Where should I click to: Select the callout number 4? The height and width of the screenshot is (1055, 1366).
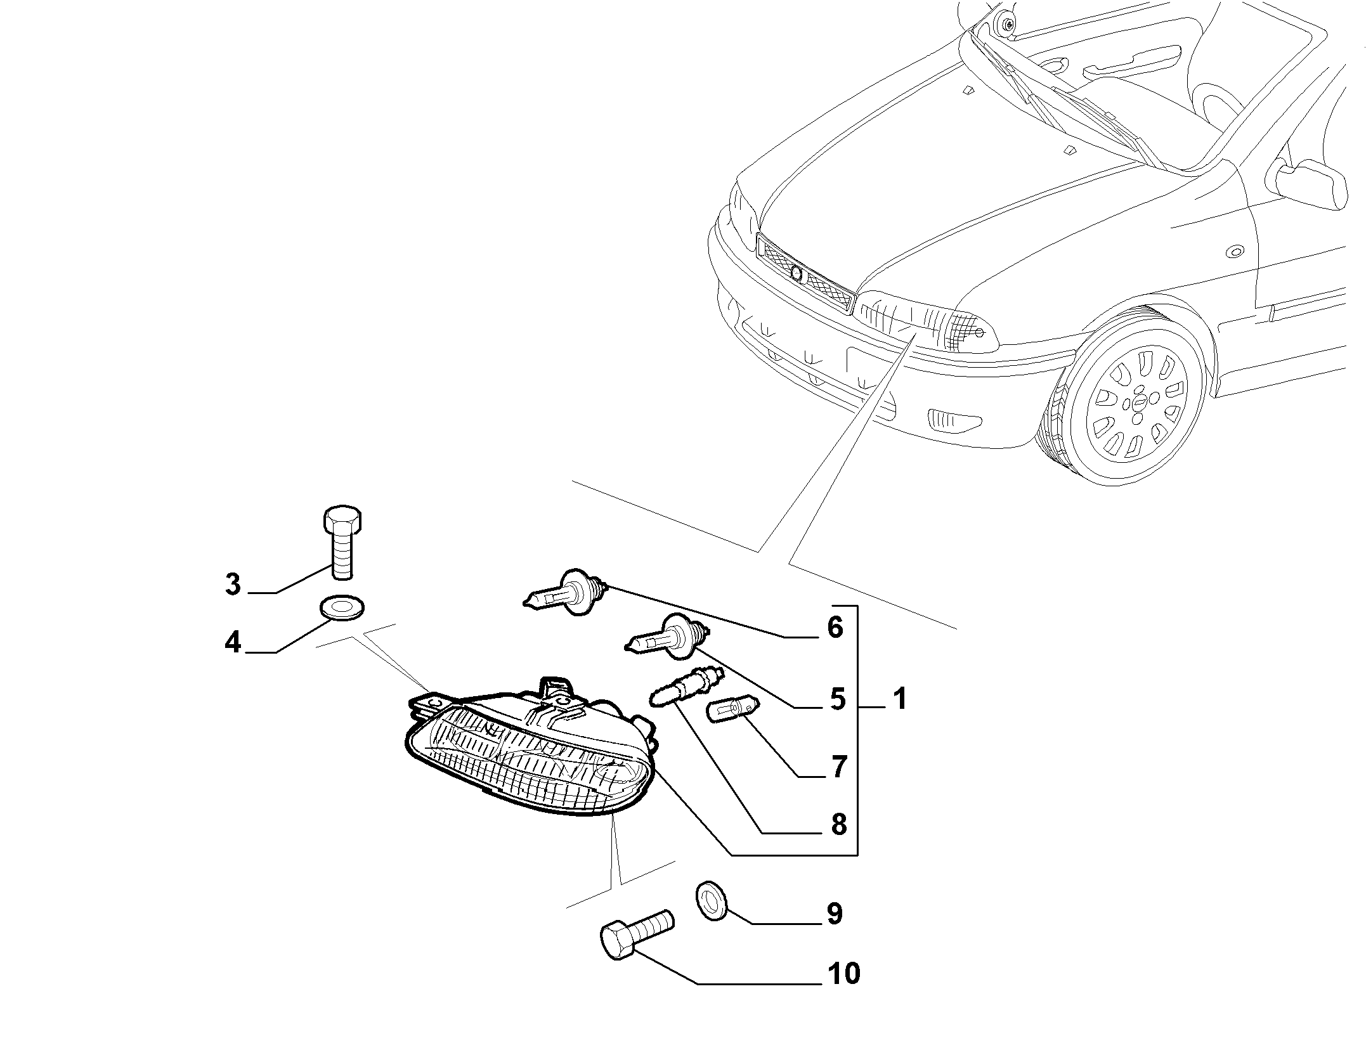point(233,643)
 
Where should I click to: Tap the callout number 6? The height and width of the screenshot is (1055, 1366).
point(835,627)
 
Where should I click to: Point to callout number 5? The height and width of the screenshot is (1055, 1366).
point(838,699)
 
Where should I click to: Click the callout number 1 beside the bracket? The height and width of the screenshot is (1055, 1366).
point(899,698)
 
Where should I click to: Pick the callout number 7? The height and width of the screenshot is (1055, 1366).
point(838,767)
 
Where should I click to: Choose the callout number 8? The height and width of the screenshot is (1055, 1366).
point(838,825)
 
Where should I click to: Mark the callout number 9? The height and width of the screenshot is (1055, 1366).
point(835,914)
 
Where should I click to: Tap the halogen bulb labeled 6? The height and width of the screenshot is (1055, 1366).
point(566,592)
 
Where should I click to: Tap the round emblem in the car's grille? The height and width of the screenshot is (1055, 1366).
point(797,274)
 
